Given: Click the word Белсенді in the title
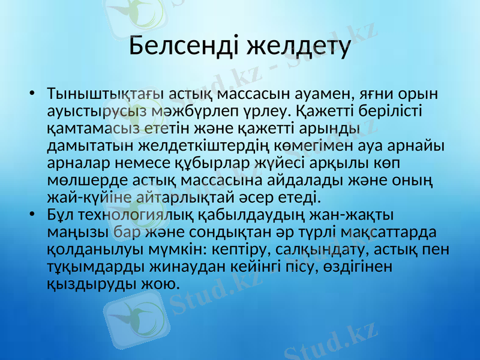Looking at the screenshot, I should (x=183, y=47).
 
